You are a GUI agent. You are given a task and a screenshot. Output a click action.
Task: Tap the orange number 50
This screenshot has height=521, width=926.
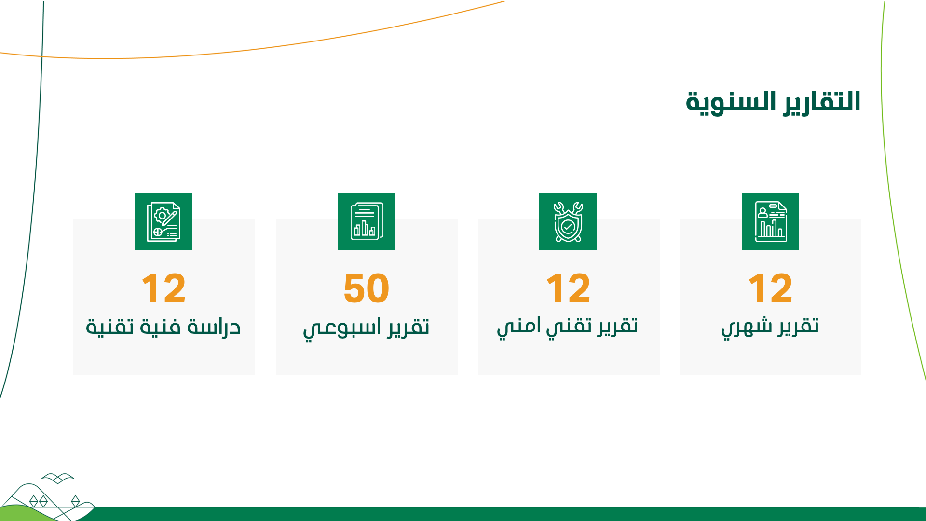click(x=367, y=288)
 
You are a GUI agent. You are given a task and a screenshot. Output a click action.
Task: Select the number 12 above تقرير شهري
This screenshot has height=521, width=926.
click(x=770, y=288)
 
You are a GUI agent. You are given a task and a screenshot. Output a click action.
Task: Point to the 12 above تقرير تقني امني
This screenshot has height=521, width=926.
click(x=568, y=288)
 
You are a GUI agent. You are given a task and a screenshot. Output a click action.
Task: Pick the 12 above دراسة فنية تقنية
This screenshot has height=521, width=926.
click(x=163, y=288)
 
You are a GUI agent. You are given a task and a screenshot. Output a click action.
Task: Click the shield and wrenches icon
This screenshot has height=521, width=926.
click(x=568, y=222)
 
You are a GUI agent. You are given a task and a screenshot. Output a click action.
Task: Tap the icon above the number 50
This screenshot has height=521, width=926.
click(x=367, y=222)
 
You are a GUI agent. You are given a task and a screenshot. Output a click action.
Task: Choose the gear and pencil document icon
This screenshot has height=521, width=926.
click(x=163, y=222)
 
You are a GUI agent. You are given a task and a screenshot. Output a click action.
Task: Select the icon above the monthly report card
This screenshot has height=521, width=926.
click(x=770, y=222)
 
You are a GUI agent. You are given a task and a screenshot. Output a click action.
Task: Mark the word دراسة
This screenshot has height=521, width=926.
click(x=214, y=327)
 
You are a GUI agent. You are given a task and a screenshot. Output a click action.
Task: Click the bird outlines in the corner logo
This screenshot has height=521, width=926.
click(x=58, y=478)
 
